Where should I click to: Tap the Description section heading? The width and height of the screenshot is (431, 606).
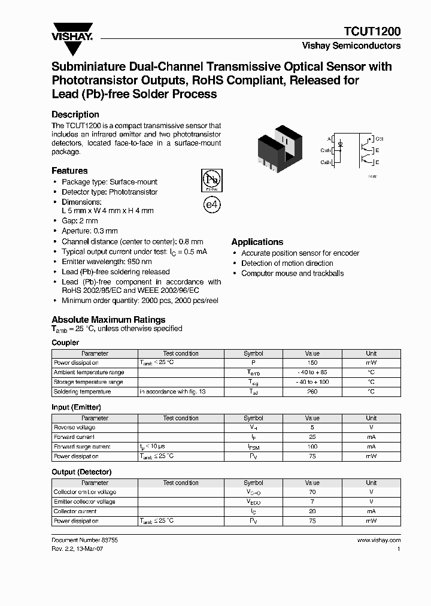tap(75, 114)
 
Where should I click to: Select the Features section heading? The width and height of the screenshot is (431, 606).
tap(69, 171)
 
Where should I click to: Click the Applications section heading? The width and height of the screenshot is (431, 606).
tap(257, 242)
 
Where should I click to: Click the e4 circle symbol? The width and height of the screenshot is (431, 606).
tap(212, 204)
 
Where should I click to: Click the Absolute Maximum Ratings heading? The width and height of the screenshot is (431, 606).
tap(108, 320)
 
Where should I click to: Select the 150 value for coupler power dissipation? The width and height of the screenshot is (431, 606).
tap(312, 363)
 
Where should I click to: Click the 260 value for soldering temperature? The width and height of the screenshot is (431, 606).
tap(312, 392)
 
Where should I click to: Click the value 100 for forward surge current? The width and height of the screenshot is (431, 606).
tap(312, 447)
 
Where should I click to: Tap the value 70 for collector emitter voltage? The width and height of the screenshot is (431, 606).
tap(312, 492)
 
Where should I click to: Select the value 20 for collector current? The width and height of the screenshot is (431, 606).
tap(312, 511)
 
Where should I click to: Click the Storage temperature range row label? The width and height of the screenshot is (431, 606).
tap(89, 382)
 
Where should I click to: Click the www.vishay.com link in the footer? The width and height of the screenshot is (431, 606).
tap(378, 540)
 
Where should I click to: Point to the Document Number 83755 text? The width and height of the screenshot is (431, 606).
tap(85, 540)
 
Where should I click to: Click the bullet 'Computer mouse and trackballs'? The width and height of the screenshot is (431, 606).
tap(292, 273)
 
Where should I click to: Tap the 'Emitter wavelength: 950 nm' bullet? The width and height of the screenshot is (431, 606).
tap(107, 262)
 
